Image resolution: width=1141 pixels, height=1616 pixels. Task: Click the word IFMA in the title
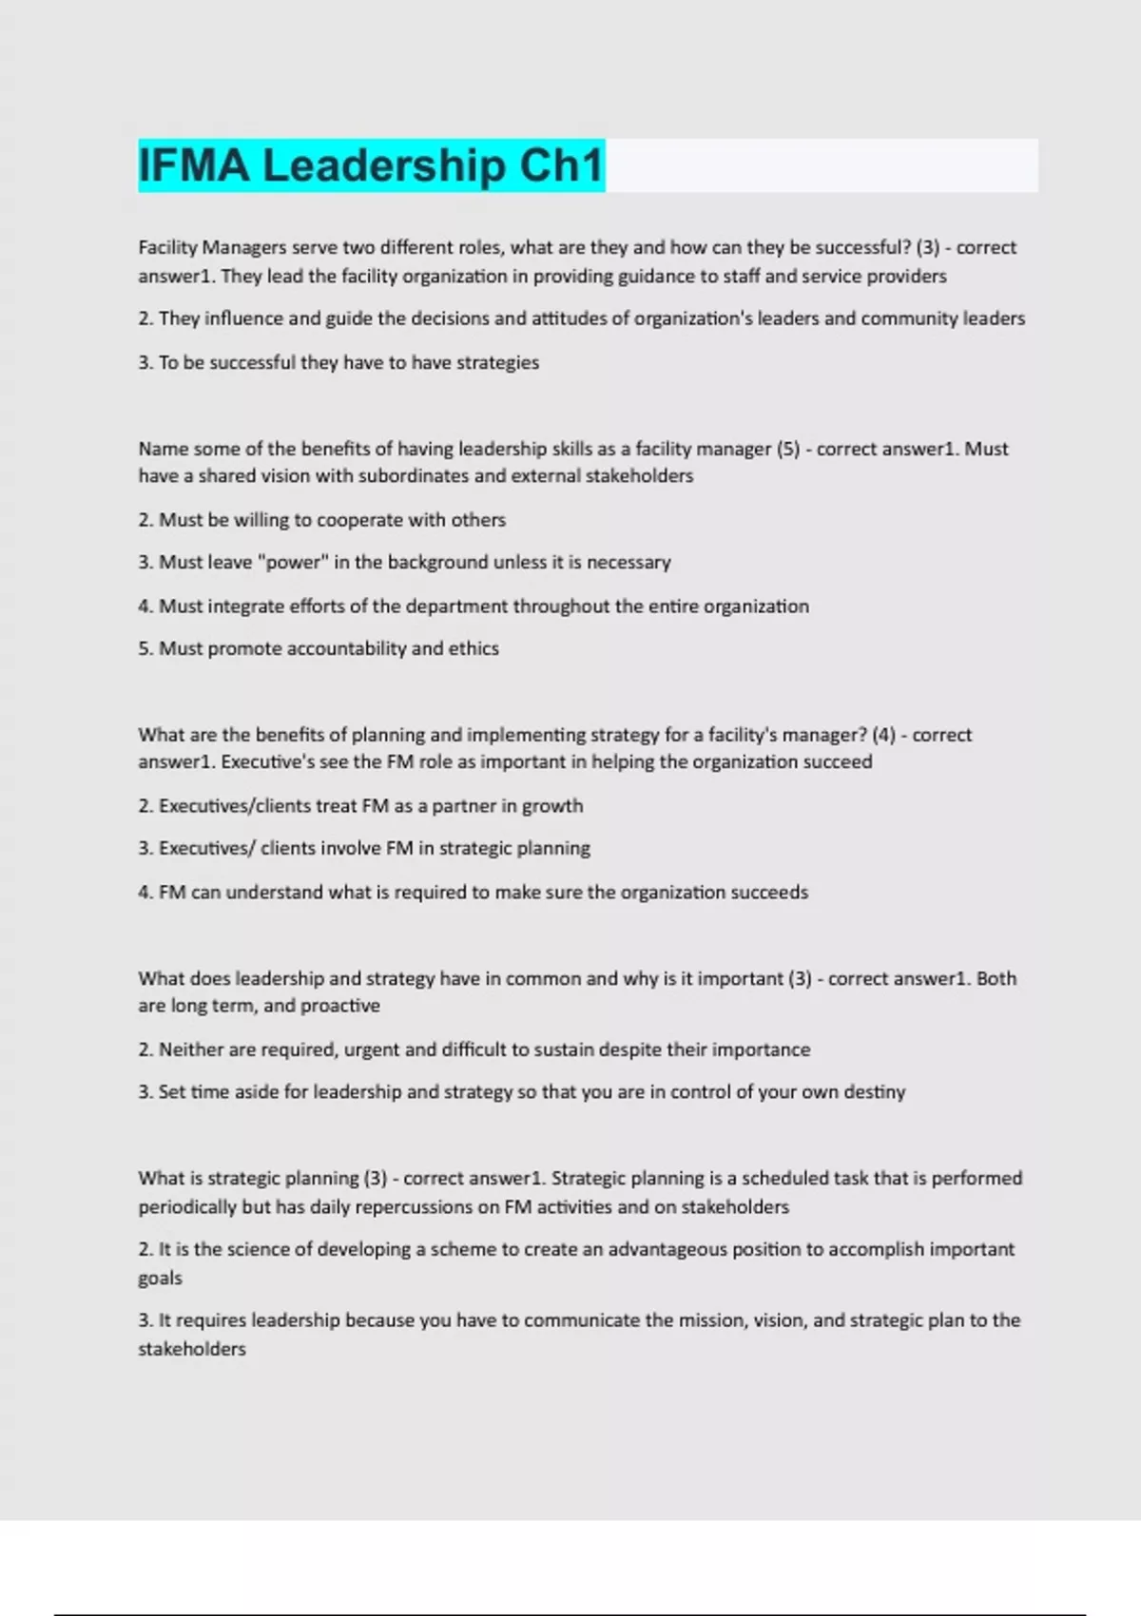coord(195,165)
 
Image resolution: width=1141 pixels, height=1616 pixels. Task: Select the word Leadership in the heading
coord(384,165)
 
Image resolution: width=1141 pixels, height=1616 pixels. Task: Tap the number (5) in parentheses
coord(788,449)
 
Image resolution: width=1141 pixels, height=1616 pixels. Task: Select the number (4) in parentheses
coord(883,735)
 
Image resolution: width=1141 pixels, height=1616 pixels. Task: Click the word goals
coord(160,1279)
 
